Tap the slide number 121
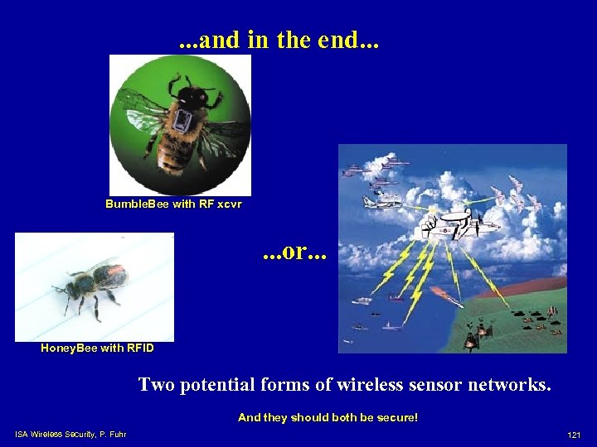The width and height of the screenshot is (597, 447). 573,435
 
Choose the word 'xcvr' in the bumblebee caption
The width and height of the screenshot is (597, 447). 228,204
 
